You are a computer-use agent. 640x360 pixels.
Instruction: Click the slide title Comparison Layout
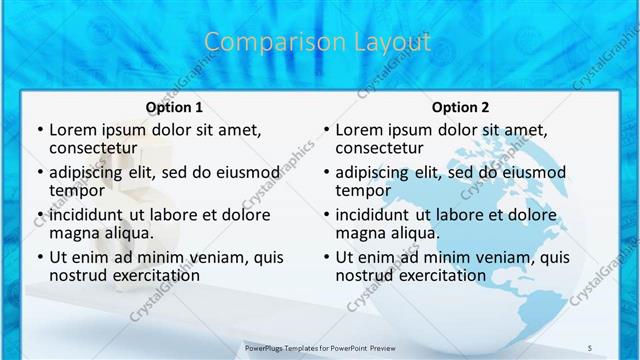click(318, 42)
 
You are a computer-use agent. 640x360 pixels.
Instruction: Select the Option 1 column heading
click(174, 107)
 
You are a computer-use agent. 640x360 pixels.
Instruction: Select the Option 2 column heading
click(460, 107)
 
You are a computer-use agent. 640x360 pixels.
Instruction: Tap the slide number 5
click(590, 347)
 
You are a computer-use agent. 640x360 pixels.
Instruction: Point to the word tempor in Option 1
click(77, 190)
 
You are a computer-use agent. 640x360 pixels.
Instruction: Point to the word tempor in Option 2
click(363, 190)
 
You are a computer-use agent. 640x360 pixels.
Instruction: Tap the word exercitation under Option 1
click(152, 275)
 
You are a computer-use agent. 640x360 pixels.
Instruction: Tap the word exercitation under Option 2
click(438, 275)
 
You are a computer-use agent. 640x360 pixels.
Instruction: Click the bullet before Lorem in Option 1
click(39, 130)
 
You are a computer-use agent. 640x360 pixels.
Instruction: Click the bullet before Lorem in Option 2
click(325, 130)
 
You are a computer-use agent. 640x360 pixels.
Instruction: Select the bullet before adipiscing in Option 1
click(39, 172)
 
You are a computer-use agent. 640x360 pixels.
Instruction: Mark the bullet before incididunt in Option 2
click(325, 215)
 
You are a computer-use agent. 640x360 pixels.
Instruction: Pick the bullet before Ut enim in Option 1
click(39, 257)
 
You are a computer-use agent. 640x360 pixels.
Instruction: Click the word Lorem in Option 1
click(73, 130)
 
